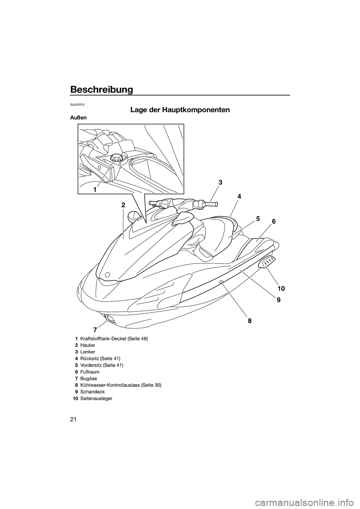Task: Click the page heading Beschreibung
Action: click(101, 90)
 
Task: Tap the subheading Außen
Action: click(78, 118)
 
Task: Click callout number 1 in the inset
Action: click(96, 190)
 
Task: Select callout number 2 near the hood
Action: click(123, 205)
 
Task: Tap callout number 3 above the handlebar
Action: click(220, 183)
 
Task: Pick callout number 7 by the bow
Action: click(95, 330)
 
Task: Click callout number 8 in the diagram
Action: click(249, 321)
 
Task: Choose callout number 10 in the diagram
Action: click(281, 288)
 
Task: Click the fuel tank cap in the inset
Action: click(115, 158)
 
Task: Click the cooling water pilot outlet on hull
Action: click(221, 282)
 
